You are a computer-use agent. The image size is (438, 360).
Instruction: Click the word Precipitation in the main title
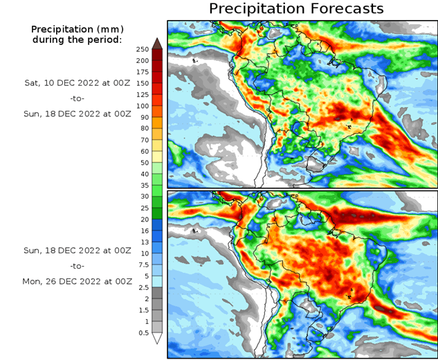[256, 9]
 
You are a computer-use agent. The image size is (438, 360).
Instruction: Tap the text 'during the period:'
[76, 39]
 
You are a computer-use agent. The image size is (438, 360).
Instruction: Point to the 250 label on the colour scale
[143, 49]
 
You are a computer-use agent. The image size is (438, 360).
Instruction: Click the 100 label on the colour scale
[143, 106]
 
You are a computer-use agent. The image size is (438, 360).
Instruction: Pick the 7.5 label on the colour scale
[143, 264]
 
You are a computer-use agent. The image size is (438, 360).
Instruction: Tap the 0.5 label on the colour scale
[143, 332]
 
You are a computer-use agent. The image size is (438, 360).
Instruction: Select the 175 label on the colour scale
[143, 72]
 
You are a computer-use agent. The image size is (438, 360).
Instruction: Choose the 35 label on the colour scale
[143, 185]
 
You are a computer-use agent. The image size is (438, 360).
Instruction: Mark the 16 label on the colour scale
[143, 231]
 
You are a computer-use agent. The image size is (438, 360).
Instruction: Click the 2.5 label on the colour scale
[143, 287]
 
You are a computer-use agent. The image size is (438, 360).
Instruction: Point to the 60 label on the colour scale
[143, 151]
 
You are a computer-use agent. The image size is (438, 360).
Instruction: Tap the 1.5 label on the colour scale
[143, 309]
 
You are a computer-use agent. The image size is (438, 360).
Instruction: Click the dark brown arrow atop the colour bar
[157, 43]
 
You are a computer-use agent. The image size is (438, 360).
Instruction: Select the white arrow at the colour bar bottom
[157, 339]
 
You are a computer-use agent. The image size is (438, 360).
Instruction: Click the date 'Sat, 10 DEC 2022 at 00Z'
[77, 82]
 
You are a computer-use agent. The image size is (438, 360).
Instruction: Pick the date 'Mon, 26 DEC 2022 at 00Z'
[77, 282]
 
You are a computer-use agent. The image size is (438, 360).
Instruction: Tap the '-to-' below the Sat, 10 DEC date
[77, 98]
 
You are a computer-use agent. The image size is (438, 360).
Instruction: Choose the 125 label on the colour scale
[143, 94]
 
